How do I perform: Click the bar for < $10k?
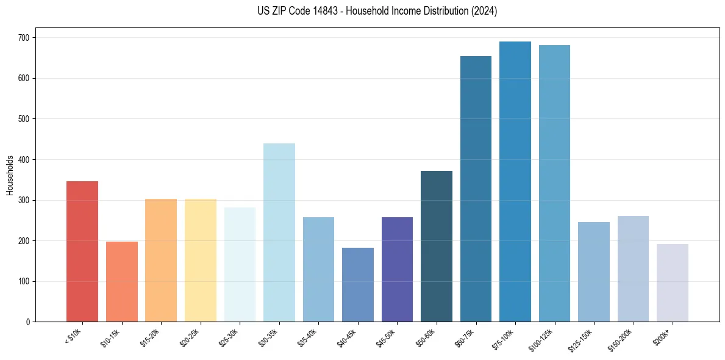pyautogui.click(x=82, y=251)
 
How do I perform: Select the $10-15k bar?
pyautogui.click(x=122, y=282)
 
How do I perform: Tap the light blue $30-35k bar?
pyautogui.click(x=279, y=232)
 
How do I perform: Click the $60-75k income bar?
pyautogui.click(x=476, y=189)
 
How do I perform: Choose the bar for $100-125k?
pyautogui.click(x=554, y=184)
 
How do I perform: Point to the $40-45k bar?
pyautogui.click(x=358, y=285)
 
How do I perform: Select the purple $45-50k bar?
pyautogui.click(x=397, y=270)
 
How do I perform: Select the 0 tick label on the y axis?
pyautogui.click(x=30, y=322)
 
